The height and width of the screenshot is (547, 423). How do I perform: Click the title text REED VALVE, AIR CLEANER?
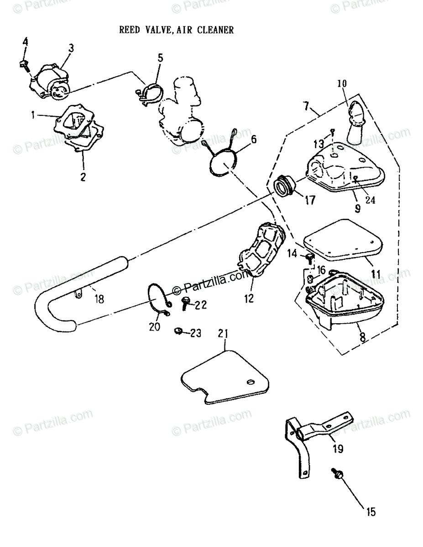coord(176,30)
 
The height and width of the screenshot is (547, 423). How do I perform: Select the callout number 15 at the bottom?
coord(371,512)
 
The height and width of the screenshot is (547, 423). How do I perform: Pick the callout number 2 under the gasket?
coord(83,177)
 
